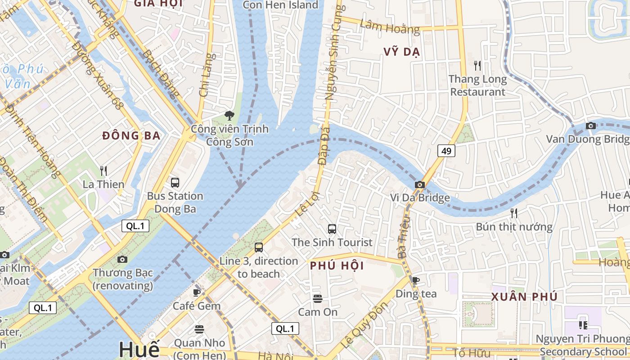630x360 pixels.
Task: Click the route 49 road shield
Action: [x=446, y=151]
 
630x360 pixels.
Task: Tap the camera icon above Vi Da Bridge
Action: [x=419, y=184]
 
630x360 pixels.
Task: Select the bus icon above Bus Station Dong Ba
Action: [x=175, y=183]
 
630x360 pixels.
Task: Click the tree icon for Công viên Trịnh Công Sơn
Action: [x=229, y=116]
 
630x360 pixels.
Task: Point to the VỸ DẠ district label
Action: [x=402, y=52]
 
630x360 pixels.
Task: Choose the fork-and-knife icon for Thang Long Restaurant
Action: [x=477, y=66]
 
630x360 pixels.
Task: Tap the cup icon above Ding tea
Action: [x=416, y=280]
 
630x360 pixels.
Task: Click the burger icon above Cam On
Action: [x=318, y=299]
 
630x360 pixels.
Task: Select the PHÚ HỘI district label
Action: [x=337, y=266]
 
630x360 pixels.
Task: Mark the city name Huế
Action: [x=139, y=349]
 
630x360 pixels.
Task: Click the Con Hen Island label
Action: [x=280, y=5]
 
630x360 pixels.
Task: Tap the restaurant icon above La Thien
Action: [x=103, y=171]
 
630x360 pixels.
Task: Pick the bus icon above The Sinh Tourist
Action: [x=332, y=229]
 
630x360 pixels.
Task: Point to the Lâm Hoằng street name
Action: [x=390, y=27]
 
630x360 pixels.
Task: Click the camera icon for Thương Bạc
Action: [x=122, y=259]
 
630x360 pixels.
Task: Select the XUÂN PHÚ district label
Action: [x=524, y=297]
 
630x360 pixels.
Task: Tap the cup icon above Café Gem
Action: [x=197, y=292]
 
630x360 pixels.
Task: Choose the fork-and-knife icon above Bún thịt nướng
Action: [x=513, y=213]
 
